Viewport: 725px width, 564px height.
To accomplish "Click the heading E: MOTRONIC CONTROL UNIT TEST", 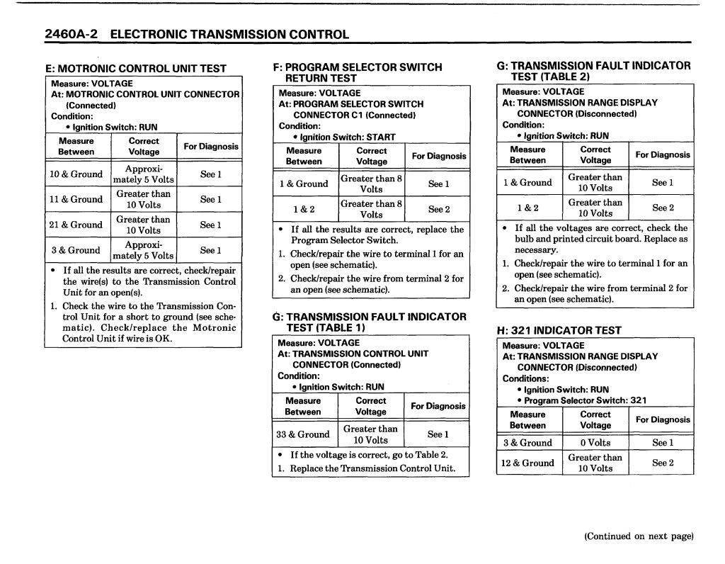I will [135, 69].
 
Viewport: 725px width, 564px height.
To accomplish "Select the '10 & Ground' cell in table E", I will [76, 174].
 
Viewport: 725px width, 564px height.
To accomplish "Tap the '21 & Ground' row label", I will [76, 225].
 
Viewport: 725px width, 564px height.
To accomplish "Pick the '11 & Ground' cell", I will [76, 199].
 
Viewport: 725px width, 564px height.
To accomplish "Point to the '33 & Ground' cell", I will [303, 434].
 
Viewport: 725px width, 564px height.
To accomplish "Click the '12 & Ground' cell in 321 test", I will [528, 463].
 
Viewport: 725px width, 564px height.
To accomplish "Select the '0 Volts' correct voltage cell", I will [595, 443].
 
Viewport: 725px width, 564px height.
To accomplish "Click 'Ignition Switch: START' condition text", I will [348, 137].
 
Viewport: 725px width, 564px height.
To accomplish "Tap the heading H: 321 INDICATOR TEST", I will [559, 330].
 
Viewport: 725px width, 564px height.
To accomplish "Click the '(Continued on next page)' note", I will [638, 536].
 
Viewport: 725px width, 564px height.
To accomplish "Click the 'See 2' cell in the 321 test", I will [663, 463].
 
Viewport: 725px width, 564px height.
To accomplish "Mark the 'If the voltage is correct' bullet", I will [368, 455].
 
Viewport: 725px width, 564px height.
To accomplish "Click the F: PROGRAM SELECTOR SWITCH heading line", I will [358, 67].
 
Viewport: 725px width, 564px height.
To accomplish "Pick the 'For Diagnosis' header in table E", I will [211, 147].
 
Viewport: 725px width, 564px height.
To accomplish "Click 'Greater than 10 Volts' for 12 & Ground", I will [595, 463].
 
